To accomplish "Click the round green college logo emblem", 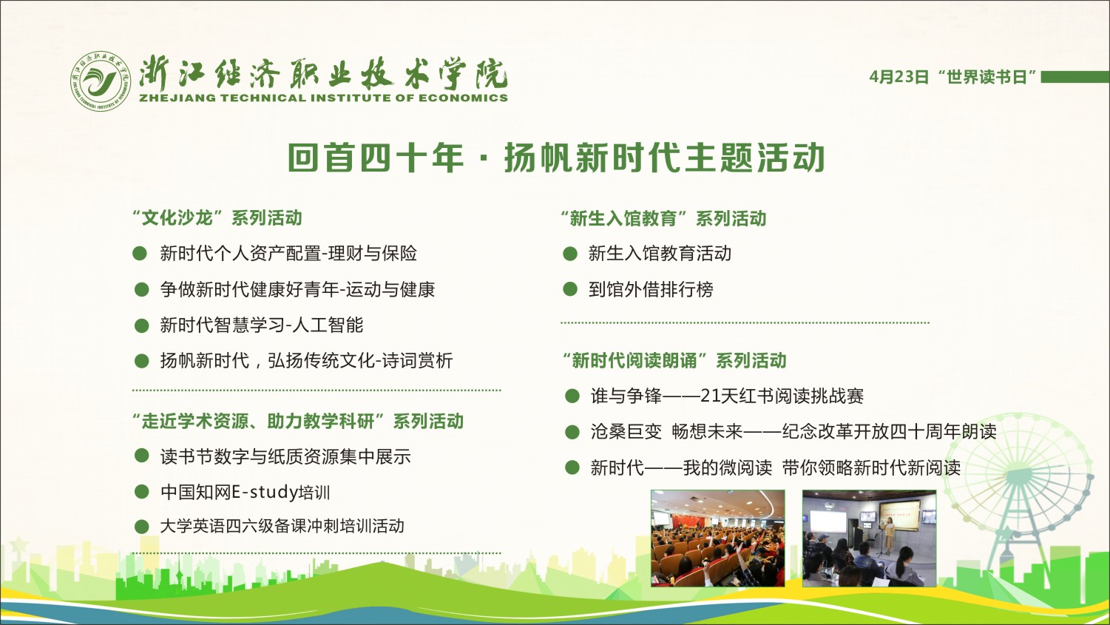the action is click(101, 81).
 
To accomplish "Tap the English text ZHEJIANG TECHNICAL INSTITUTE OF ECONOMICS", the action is click(324, 98).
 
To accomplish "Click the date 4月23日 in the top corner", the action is click(899, 77).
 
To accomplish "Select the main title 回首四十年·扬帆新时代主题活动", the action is click(556, 158).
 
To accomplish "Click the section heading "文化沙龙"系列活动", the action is click(217, 217).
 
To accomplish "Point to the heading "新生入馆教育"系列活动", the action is click(663, 218).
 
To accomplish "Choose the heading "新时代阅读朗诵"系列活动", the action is click(674, 360).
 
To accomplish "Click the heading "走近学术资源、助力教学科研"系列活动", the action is click(298, 422).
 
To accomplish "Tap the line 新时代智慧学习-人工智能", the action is click(262, 325).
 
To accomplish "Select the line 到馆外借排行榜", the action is click(651, 289).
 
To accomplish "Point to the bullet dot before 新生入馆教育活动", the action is click(570, 254).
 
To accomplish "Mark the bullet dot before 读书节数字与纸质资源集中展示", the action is click(142, 456).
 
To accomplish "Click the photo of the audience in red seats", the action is click(717, 538).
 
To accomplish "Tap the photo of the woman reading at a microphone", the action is click(869, 538).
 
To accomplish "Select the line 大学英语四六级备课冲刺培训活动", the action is click(282, 526).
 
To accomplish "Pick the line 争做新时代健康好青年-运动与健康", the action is click(297, 289).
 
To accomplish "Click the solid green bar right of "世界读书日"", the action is click(1075, 77).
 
